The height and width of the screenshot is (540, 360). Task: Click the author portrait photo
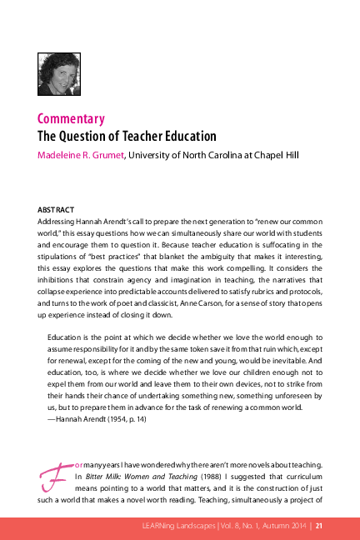pyautogui.click(x=57, y=74)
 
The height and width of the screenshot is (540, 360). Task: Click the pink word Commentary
pyautogui.click(x=71, y=118)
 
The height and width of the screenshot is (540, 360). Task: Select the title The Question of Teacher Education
pyautogui.click(x=127, y=136)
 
